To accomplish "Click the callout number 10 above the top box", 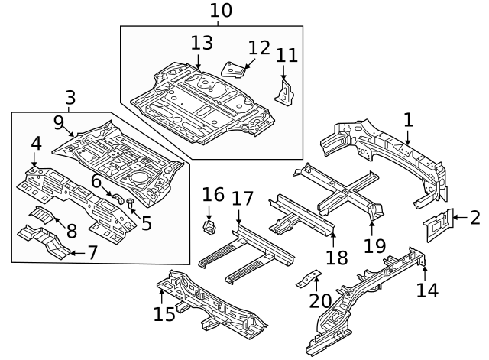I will pyautogui.click(x=220, y=11).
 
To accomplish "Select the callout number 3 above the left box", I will pyautogui.click(x=70, y=98).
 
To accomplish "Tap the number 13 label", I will pyautogui.click(x=202, y=42).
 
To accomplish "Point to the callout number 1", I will pyautogui.click(x=408, y=119).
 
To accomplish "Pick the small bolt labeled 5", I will pyautogui.click(x=130, y=203).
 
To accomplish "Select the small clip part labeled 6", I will pyautogui.click(x=118, y=196).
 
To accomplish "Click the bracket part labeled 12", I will pyautogui.click(x=234, y=69).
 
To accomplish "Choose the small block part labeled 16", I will pyautogui.click(x=209, y=227).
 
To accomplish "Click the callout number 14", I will pyautogui.click(x=429, y=290).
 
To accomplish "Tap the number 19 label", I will pyautogui.click(x=371, y=245).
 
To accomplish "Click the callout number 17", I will pyautogui.click(x=242, y=199).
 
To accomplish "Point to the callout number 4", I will pyautogui.click(x=36, y=143).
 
